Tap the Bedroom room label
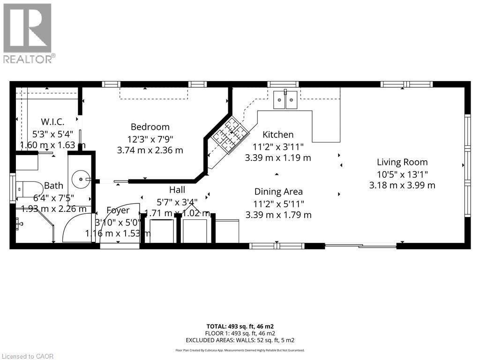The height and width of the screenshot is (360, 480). pos(150,127)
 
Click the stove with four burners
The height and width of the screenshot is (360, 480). pos(228,135)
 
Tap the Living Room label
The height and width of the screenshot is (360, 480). pos(402,162)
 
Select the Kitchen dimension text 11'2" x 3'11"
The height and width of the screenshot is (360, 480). pos(278,146)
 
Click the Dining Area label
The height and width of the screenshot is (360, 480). pos(278,191)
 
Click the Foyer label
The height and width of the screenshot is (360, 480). pos(118,210)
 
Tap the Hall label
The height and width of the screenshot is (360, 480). pos(177,190)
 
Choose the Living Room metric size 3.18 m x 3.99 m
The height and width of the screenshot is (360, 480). pos(402,185)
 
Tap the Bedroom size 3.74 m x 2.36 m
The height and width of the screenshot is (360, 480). pos(150,150)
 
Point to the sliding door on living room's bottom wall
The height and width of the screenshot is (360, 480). pos(360,246)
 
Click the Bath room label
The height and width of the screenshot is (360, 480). pos(53,186)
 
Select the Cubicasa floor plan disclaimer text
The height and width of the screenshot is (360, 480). pos(240,350)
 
